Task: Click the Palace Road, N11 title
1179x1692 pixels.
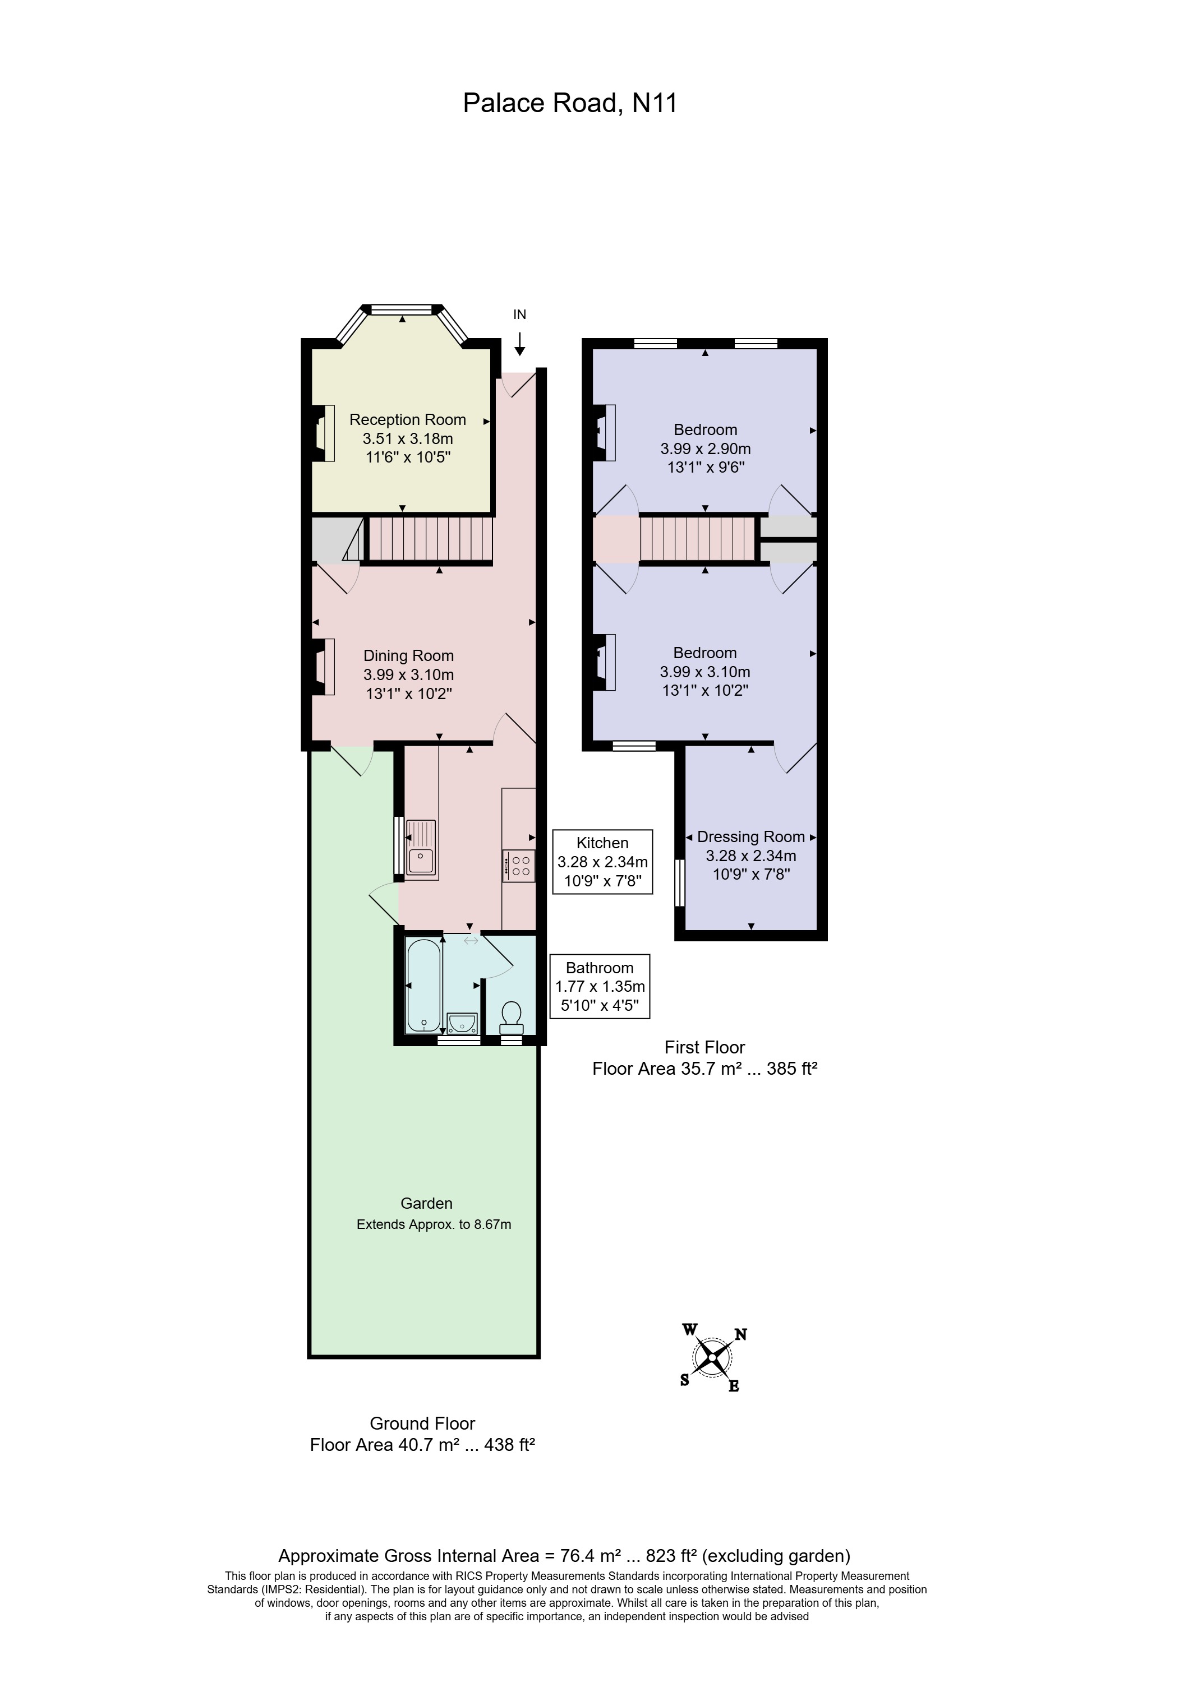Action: [569, 103]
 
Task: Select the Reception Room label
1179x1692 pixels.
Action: [407, 419]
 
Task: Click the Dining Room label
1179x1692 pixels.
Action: [408, 655]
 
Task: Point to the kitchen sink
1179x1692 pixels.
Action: [420, 849]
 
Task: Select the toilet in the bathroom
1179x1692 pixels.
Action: [511, 1017]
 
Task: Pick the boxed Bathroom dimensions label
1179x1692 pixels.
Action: [600, 986]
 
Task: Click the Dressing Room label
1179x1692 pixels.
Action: [750, 836]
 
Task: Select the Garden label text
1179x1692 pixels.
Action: [426, 1203]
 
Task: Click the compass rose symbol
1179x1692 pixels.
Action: [712, 1357]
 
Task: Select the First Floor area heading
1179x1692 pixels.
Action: [704, 1047]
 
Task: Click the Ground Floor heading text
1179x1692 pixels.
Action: [422, 1423]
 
